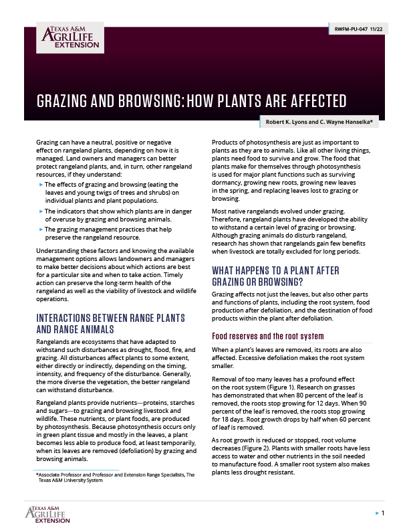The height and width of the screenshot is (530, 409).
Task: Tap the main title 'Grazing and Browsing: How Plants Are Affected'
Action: point(191,102)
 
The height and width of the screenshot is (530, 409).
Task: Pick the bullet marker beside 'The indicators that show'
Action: point(41,211)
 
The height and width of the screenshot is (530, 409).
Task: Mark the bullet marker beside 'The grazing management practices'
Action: point(41,230)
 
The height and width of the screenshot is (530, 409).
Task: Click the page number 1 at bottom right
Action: point(382,513)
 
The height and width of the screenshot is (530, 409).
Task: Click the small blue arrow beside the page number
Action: point(376,513)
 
